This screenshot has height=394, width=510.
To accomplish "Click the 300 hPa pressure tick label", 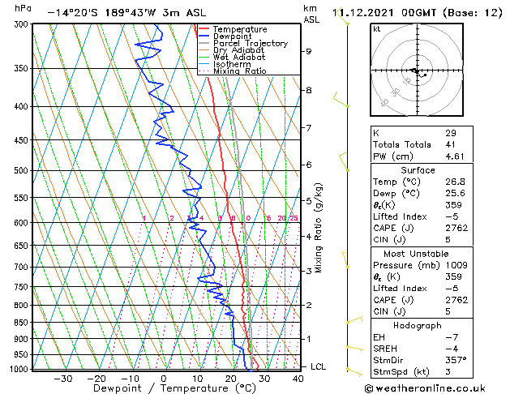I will (x=17, y=24).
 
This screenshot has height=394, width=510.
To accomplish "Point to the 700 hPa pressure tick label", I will (x=17, y=267).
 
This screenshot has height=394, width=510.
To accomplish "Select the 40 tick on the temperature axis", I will (x=298, y=378).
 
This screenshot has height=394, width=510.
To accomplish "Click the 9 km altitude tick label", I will (x=309, y=51).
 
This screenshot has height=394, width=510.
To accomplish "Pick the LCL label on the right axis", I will (x=319, y=366).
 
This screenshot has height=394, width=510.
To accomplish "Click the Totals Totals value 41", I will (x=451, y=144).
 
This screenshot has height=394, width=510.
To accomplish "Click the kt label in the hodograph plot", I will (x=376, y=28).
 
